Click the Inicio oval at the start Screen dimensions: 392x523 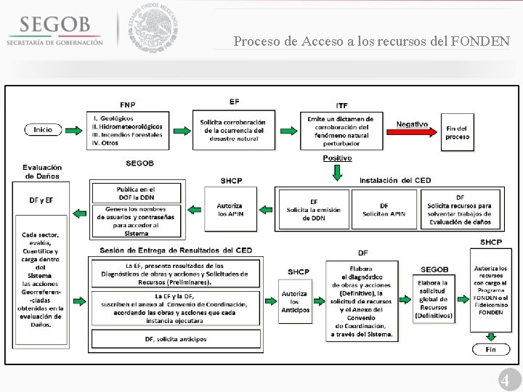pyautogui.click(x=43, y=130)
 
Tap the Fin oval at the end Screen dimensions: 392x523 pyautogui.click(x=491, y=350)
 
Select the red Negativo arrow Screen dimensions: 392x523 pyautogui.click(x=415, y=130)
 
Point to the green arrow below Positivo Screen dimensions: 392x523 pyautogui.click(x=337, y=172)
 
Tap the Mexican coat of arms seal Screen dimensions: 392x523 pyautogui.click(x=153, y=28)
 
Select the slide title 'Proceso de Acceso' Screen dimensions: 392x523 pyautogui.click(x=371, y=41)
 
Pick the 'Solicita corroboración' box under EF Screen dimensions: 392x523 pyautogui.click(x=233, y=131)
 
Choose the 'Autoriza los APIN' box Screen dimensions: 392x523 pyautogui.click(x=230, y=210)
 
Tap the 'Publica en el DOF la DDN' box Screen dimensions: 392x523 pyautogui.click(x=137, y=193)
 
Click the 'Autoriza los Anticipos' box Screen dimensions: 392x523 pyautogui.click(x=295, y=301)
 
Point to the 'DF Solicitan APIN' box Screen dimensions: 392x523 pyautogui.click(x=384, y=210)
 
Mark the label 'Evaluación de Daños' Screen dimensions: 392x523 pyautogui.click(x=42, y=171)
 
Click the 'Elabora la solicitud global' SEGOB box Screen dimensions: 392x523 pyautogui.click(x=434, y=298)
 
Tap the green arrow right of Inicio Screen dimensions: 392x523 pyautogui.click(x=74, y=130)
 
